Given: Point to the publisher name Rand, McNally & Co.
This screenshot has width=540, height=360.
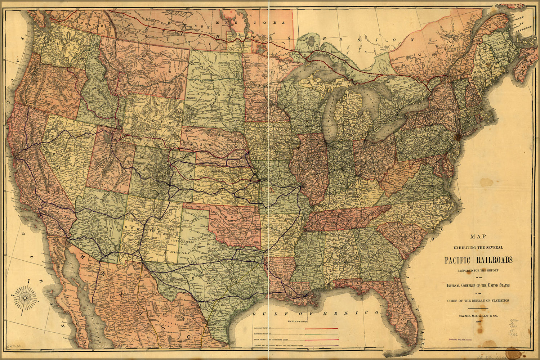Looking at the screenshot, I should click(478, 315).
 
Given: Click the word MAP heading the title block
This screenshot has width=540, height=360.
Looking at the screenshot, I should click(478, 237).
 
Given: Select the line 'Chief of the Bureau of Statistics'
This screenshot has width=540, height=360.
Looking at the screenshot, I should click(478, 300).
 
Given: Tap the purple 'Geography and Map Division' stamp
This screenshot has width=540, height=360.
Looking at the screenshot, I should click(462, 339).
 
